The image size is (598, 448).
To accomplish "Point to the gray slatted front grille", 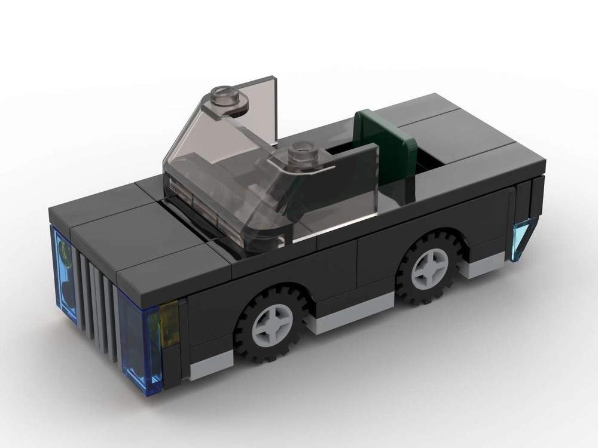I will [x=96, y=299].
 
